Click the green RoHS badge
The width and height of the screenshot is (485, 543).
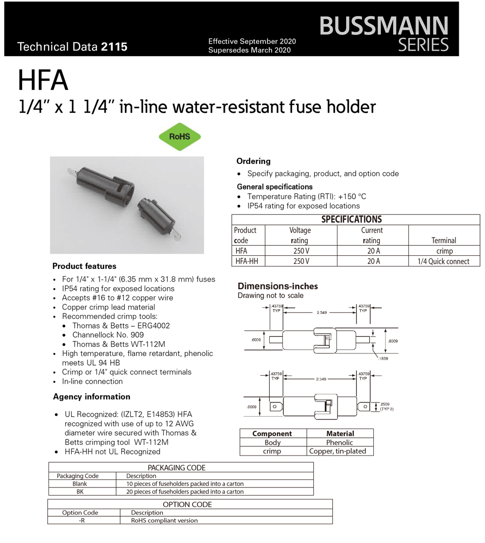tap(180, 137)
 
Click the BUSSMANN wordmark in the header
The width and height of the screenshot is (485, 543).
tap(383, 25)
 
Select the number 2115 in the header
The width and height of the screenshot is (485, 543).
tap(115, 47)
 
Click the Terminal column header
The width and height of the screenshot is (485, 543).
tap(444, 241)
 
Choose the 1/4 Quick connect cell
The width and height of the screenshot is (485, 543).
tap(443, 261)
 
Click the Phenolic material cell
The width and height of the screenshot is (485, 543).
tap(340, 442)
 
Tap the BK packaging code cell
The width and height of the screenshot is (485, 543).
tap(80, 491)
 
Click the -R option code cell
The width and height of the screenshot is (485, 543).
tap(82, 520)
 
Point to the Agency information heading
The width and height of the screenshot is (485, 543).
tap(91, 397)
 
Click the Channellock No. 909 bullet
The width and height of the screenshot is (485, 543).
tap(108, 335)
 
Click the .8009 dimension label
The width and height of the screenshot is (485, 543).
tap(393, 341)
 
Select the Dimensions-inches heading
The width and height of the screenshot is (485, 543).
tap(277, 286)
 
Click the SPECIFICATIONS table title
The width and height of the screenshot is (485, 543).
tap(352, 219)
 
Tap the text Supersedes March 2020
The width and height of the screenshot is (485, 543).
tap(250, 50)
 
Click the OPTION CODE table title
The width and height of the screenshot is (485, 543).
tap(187, 505)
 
